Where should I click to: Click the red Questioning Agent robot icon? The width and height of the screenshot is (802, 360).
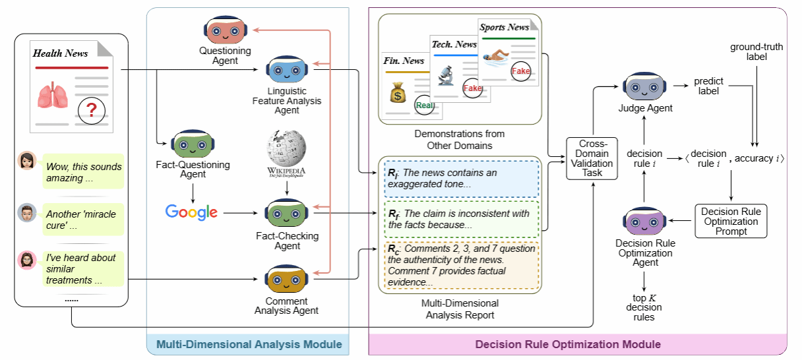225,30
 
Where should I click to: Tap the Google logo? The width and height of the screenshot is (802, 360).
191,212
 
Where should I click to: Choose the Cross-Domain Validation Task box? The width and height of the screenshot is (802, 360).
592,158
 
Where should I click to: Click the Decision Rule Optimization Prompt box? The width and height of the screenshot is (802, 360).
731,222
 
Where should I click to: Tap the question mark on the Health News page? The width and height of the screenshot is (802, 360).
91,109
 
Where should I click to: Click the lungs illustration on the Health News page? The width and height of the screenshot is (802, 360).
51,97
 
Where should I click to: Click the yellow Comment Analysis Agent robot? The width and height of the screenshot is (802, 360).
287,278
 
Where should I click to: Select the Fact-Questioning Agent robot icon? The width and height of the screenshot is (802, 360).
193,144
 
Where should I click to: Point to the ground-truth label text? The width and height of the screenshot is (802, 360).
757,52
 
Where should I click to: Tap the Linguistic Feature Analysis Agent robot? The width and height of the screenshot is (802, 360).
287,69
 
